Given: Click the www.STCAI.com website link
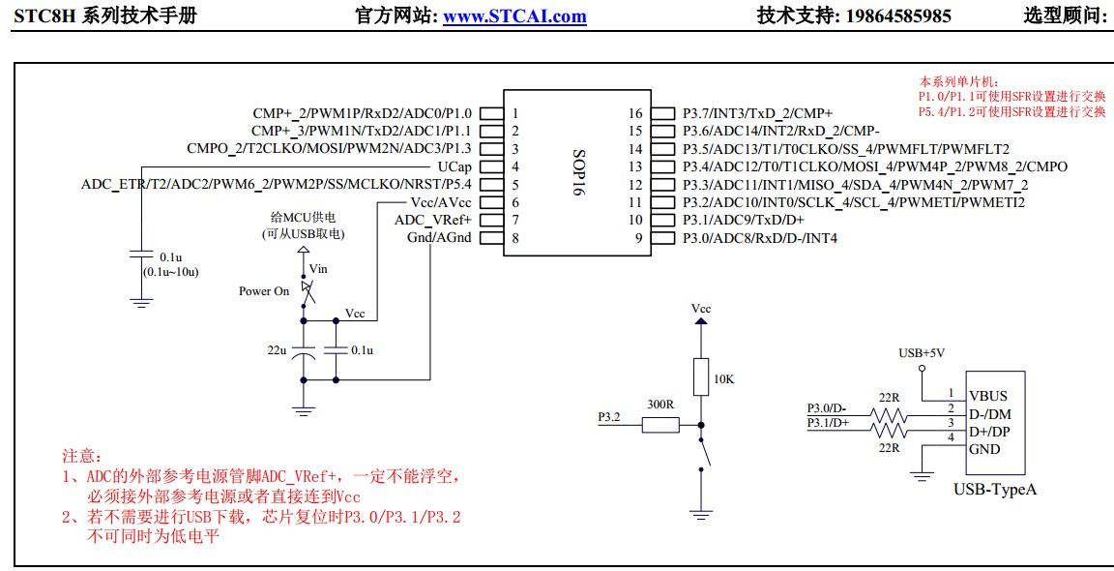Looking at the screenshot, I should [514, 15].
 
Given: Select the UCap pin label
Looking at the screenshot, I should [454, 166].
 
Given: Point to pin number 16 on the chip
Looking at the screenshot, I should [635, 112].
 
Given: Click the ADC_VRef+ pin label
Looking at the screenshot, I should [433, 220].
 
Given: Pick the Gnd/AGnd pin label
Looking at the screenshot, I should [439, 238].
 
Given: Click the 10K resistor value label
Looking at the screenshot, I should [723, 378].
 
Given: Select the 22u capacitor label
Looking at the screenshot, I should [277, 349].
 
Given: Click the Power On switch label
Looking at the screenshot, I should [264, 290].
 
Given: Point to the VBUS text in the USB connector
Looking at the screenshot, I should [987, 396].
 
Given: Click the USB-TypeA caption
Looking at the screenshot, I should [995, 490].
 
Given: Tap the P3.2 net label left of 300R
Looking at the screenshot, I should [609, 417].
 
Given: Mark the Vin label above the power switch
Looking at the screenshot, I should [318, 267].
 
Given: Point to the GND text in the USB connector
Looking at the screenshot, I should [984, 449].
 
